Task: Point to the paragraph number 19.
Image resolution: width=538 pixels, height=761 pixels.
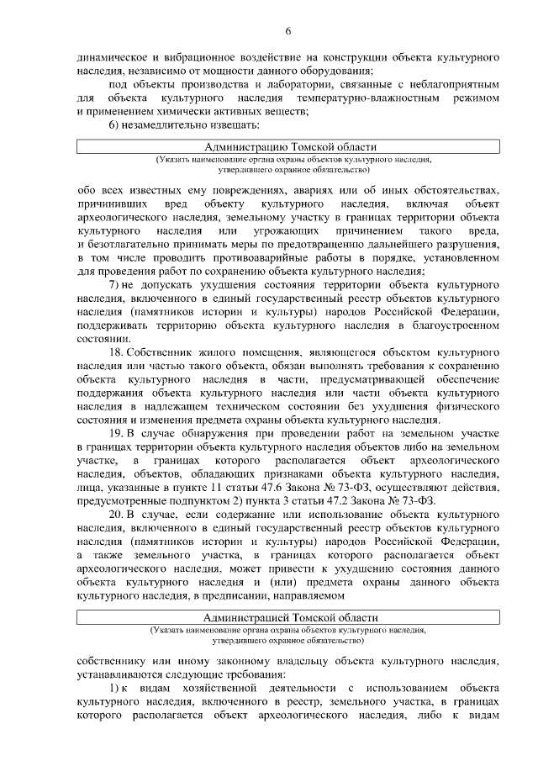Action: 118,433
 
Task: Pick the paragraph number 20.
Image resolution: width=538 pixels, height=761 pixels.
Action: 118,488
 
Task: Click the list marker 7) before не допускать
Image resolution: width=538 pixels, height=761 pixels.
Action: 115,284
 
